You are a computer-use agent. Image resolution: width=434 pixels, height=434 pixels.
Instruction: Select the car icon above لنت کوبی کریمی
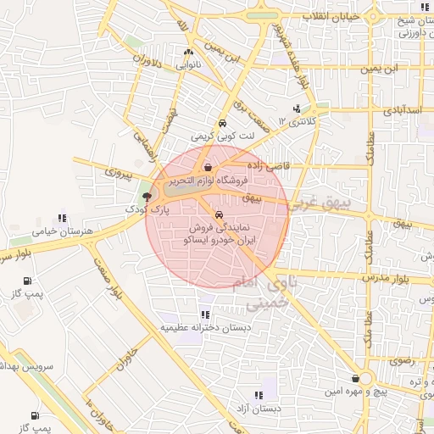pyautogui.click(x=222, y=122)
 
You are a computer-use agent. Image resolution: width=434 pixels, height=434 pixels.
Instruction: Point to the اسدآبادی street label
pyautogui.click(x=400, y=110)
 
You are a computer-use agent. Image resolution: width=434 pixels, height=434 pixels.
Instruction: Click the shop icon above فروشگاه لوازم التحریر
pyautogui.click(x=209, y=168)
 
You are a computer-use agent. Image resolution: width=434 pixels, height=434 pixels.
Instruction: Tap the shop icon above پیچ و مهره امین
pyautogui.click(x=355, y=379)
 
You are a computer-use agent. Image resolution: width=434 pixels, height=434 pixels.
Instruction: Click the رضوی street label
pyautogui.click(x=402, y=360)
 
